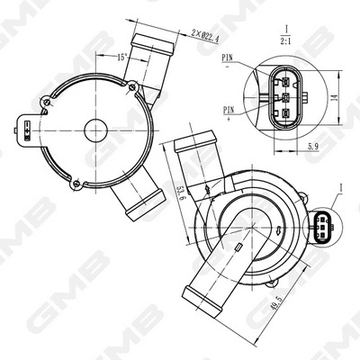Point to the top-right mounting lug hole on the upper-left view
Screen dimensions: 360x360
click(132, 86)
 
